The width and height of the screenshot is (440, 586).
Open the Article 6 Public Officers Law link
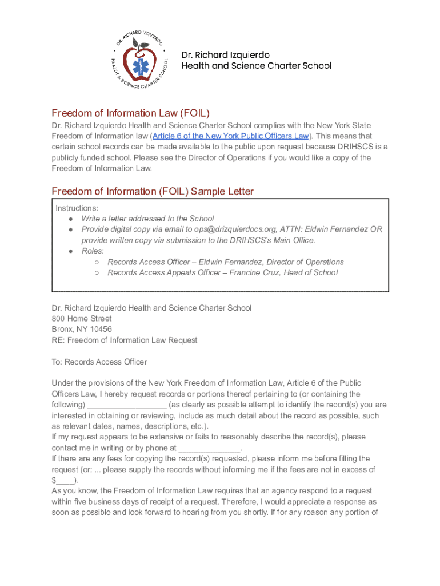point(230,136)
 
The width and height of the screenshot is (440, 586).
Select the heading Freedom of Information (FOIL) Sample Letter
point(153,191)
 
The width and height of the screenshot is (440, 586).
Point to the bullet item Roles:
point(92,251)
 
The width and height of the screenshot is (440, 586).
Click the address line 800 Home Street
point(82,318)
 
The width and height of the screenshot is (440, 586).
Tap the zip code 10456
point(100,329)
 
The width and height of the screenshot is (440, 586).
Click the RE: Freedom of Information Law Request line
point(124,340)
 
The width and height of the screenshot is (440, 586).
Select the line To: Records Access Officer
point(99,362)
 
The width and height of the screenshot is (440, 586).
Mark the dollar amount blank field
point(65,481)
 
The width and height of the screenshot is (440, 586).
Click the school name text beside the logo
point(256,60)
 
